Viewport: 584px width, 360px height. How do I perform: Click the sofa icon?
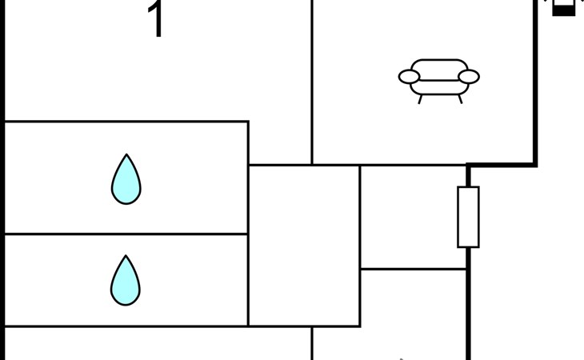click(x=439, y=78)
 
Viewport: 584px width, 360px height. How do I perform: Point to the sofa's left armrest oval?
click(x=409, y=77)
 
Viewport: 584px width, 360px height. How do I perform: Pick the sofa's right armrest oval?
click(x=469, y=77)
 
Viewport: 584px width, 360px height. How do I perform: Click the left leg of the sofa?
click(x=421, y=99)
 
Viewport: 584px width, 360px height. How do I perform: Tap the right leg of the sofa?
click(x=460, y=99)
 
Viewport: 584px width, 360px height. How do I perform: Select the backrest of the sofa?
click(x=439, y=66)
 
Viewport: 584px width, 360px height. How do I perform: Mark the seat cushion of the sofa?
click(x=439, y=83)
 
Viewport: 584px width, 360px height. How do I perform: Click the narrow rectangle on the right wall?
click(x=468, y=217)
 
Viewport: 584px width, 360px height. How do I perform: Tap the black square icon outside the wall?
click(x=563, y=10)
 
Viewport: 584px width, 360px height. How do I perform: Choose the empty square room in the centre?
click(x=304, y=245)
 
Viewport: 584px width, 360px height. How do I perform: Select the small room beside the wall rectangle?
click(x=413, y=217)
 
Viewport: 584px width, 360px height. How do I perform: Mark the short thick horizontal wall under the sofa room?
click(x=502, y=165)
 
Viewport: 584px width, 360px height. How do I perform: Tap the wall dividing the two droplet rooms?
click(x=126, y=234)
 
